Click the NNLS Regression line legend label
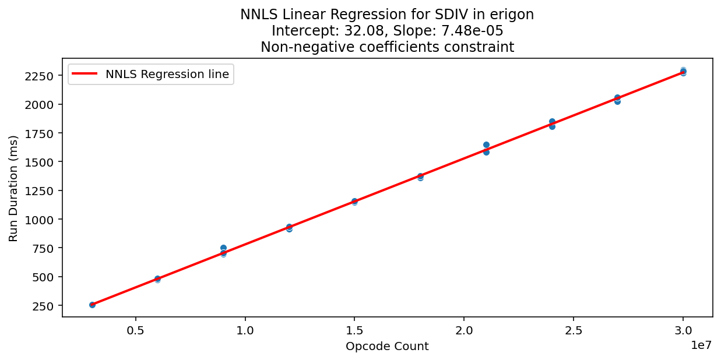[x=167, y=74]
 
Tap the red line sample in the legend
[x=85, y=74]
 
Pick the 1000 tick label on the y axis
[x=42, y=220]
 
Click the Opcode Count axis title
[x=387, y=347]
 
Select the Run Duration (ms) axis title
[x=13, y=188]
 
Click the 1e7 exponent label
[x=701, y=345]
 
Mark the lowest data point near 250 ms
[x=92, y=305]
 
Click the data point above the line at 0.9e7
[x=223, y=248]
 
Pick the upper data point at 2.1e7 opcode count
[x=486, y=144]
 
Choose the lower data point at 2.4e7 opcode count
[x=552, y=126]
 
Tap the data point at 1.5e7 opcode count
[x=354, y=202]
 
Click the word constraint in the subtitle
[x=484, y=48]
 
